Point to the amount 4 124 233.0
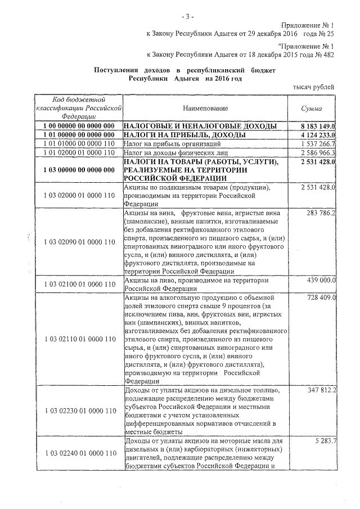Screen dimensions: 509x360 [x=318, y=135]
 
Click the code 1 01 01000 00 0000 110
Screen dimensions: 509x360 [x=79, y=144]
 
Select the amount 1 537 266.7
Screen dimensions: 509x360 [x=318, y=144]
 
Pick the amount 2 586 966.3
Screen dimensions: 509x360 [x=318, y=153]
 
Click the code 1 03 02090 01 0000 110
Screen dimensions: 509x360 [x=79, y=241]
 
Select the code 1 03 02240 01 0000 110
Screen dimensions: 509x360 [x=79, y=453]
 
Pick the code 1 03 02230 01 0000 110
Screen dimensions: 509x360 [x=79, y=411]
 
